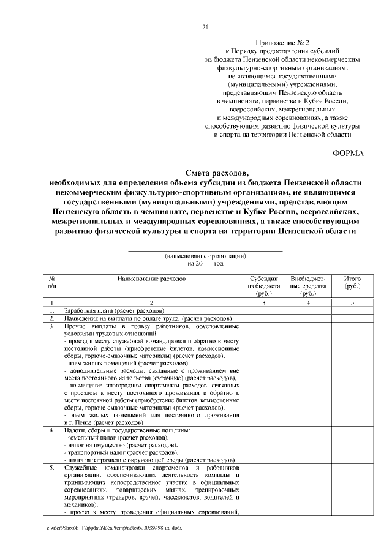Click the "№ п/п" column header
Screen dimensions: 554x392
click(53, 282)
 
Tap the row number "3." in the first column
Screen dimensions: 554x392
click(53, 326)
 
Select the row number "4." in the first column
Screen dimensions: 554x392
click(53, 430)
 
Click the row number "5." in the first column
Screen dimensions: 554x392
click(53, 467)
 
